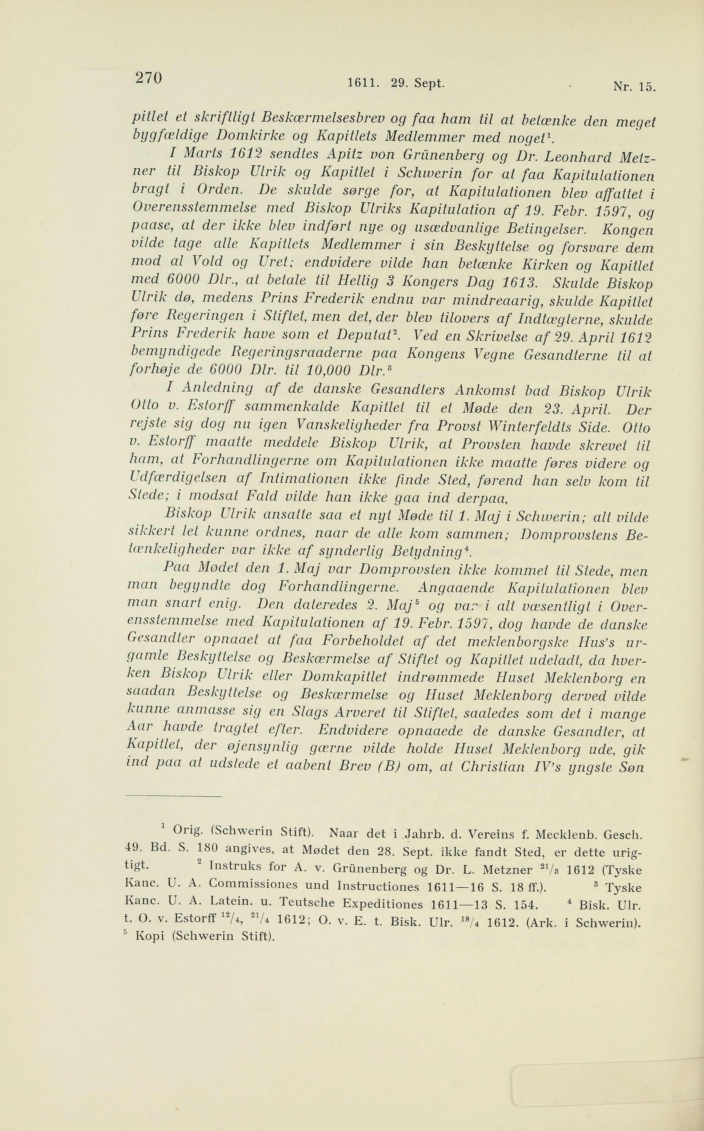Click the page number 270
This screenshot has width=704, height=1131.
point(149,77)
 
